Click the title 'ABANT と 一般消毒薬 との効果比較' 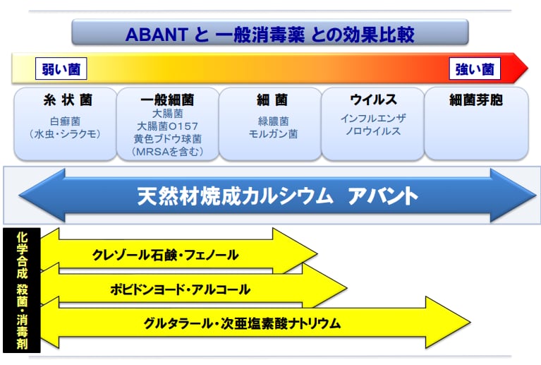click(269, 32)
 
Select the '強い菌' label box click(474, 68)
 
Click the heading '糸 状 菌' click(66, 100)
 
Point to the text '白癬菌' click(66, 121)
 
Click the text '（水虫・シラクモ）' click(66, 133)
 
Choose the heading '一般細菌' click(167, 100)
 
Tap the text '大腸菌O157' click(167, 126)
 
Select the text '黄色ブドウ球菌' click(167, 138)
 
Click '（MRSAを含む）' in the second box click(167, 151)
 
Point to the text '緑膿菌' click(272, 121)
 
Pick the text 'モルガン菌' click(272, 133)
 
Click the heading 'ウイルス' click(373, 100)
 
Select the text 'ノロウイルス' click(373, 131)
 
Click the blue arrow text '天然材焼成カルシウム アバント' click(278, 196)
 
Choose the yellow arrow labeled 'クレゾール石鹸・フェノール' click(166, 255)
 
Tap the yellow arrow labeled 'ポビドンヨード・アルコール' click(180, 289)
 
